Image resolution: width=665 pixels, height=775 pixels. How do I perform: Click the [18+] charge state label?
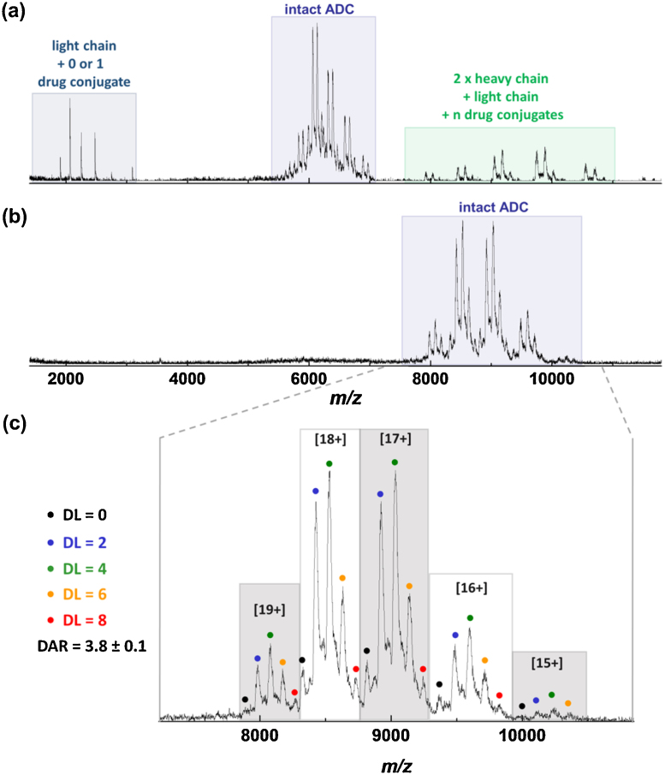pos(330,438)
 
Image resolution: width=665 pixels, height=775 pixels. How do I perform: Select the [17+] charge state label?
pos(394,438)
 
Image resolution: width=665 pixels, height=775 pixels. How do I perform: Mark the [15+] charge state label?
pos(549,665)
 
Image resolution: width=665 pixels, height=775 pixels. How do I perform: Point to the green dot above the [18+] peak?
pos(330,463)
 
